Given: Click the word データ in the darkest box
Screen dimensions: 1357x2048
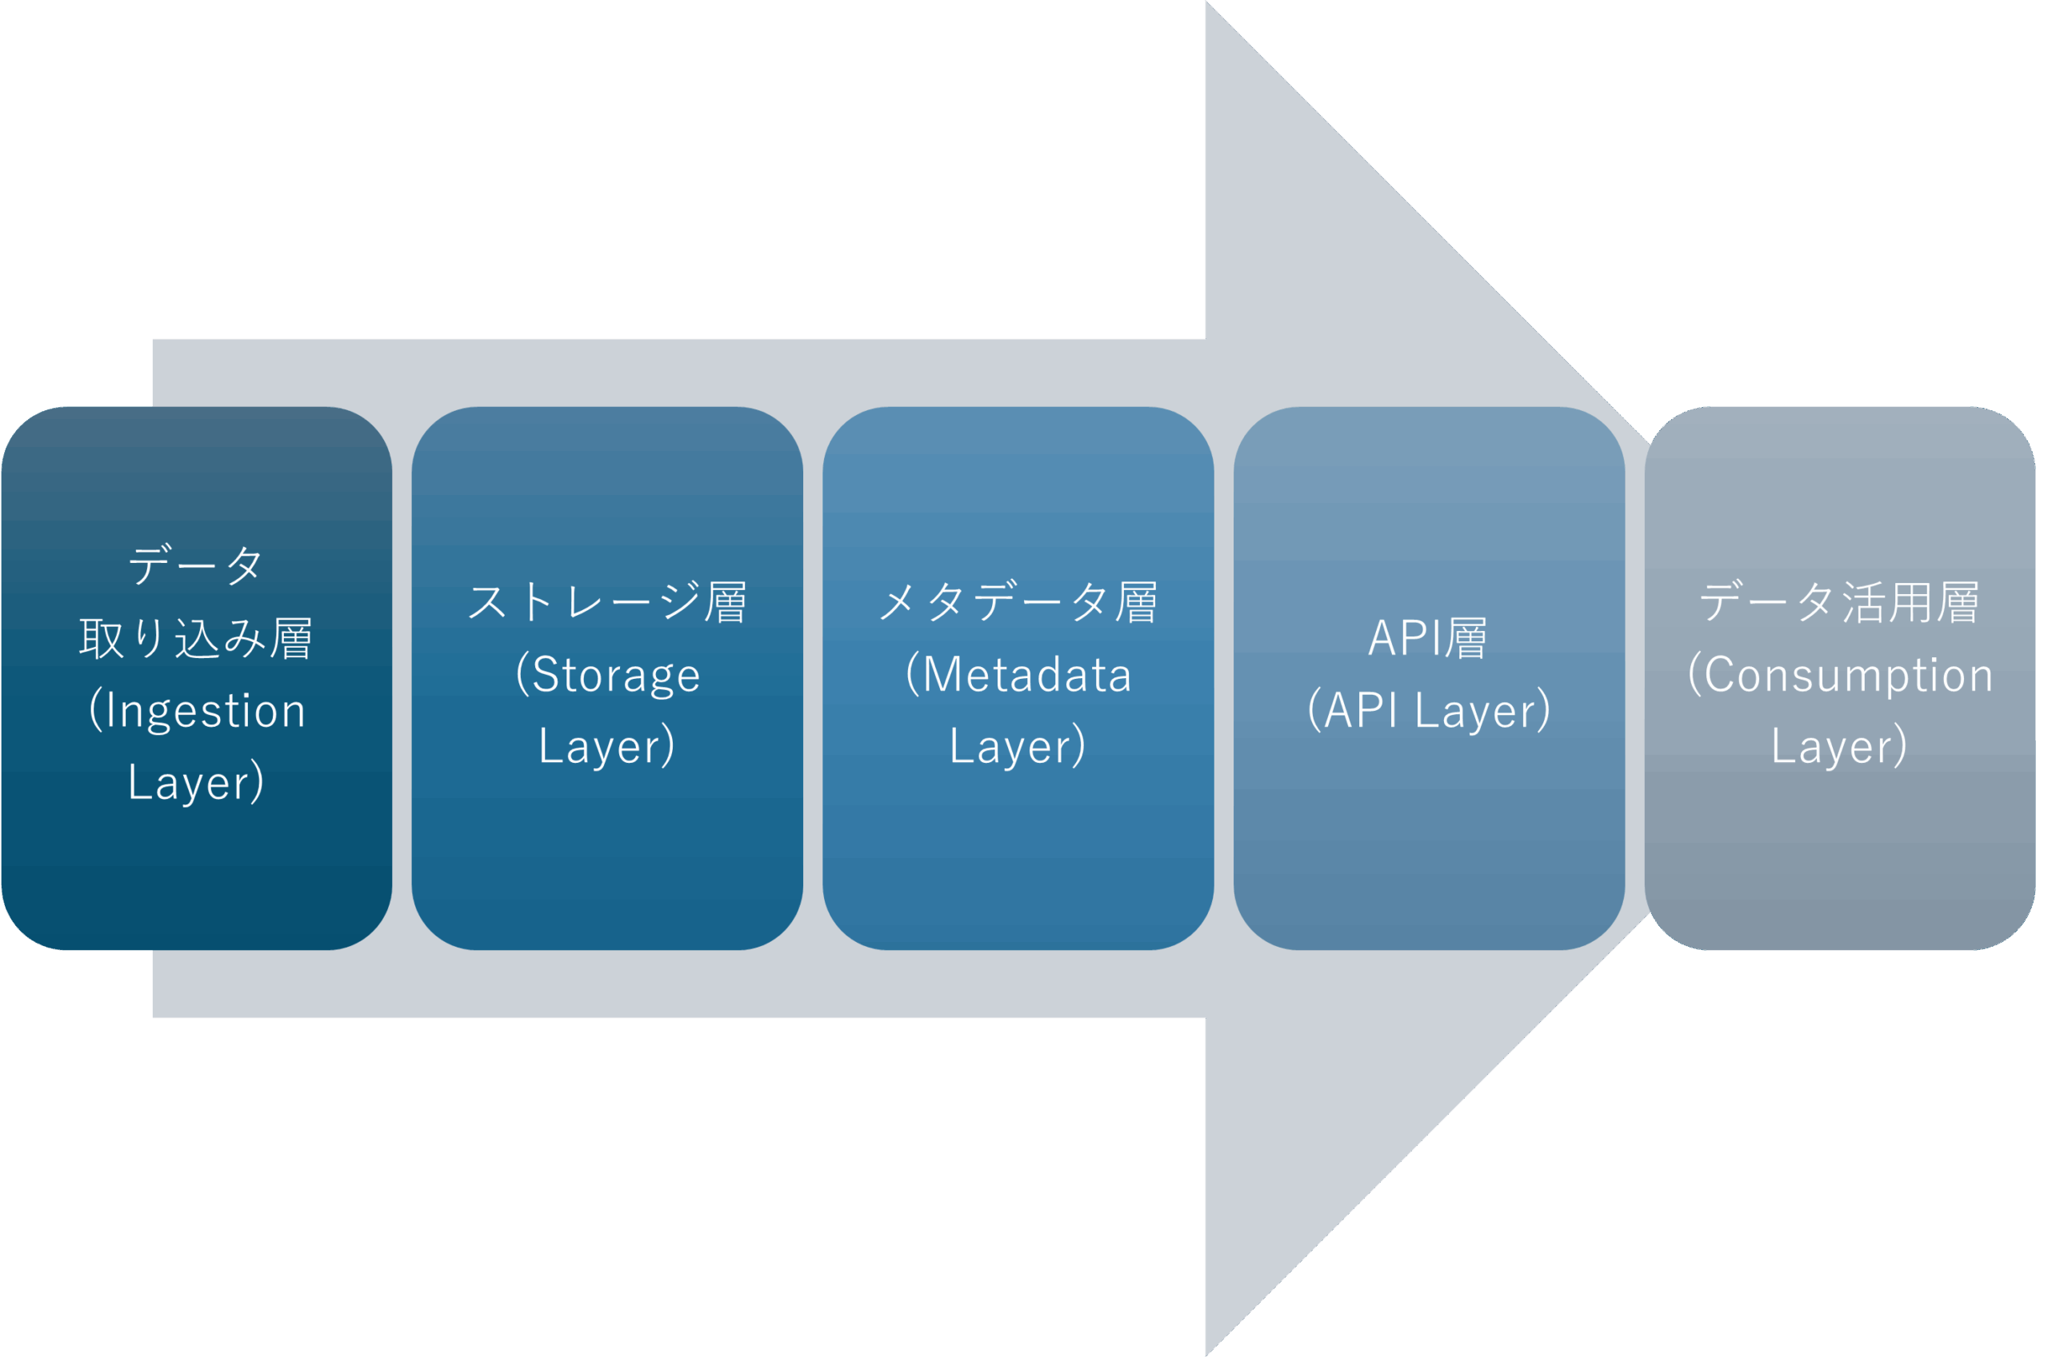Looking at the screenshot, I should tap(196, 566).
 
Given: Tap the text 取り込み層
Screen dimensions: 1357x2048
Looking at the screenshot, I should tap(196, 639).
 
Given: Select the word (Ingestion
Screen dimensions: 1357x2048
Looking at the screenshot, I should tap(198, 712).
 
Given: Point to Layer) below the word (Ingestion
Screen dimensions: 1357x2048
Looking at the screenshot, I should tap(196, 782).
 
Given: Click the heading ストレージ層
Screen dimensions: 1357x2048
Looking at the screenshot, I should tap(606, 602).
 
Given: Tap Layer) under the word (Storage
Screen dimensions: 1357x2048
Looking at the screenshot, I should tap(606, 746).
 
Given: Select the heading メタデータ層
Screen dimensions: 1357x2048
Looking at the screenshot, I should tap(1018, 602).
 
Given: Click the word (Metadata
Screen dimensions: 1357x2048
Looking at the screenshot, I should tap(1018, 674).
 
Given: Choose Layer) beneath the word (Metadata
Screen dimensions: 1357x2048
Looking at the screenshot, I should tap(1018, 746).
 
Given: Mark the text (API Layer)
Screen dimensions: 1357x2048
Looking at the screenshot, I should tap(1429, 711).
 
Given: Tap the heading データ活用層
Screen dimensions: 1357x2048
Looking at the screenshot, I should tap(1839, 602).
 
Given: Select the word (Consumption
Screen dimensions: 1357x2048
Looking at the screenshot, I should tap(1840, 674).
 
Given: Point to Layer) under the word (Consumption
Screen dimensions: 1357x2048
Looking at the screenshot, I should tap(1839, 746).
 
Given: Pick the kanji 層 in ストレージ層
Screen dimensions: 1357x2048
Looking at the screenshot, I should tap(726, 602).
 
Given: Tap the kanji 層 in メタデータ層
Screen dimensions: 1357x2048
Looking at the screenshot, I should tap(1137, 602).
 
